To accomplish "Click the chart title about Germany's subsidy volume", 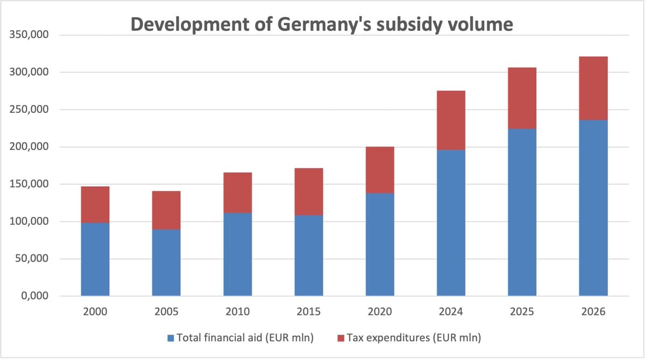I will point(322,25).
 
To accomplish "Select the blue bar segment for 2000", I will point(95,259).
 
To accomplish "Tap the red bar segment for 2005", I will point(166,210).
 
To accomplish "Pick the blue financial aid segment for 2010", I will point(237,255).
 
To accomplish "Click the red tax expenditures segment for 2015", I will point(308,192).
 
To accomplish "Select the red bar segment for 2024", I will point(451,121).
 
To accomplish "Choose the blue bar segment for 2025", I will point(522,213).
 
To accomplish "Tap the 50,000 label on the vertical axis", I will point(33,259).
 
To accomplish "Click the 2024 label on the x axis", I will point(451,312).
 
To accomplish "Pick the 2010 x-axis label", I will point(237,312).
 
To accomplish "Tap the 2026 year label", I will point(593,312).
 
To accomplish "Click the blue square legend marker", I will point(171,338).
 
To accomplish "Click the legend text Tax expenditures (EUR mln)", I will point(413,338).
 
